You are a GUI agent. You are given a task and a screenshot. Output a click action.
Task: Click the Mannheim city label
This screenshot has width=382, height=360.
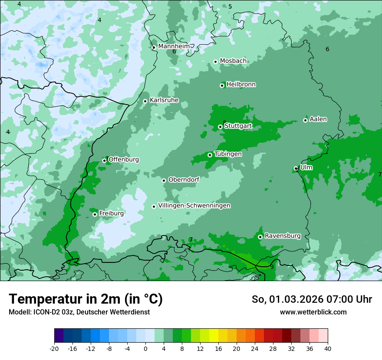coord(174,46)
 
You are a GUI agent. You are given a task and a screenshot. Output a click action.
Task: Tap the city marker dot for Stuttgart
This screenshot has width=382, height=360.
coord(220,127)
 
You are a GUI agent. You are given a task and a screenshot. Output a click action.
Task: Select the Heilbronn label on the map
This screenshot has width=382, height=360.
coord(241,85)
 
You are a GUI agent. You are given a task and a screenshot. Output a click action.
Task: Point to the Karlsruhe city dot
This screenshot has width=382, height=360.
coord(145,101)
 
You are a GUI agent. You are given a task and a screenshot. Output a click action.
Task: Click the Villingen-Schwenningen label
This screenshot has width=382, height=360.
coord(194,206)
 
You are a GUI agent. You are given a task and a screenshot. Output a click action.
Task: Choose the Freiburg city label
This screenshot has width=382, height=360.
coord(111,213)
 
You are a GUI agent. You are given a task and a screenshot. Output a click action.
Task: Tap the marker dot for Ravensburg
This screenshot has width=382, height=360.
coord(260,237)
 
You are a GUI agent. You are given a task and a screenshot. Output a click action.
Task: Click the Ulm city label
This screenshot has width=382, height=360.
coord(306,167)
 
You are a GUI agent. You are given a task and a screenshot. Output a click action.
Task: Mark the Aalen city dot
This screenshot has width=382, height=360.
coord(305,120)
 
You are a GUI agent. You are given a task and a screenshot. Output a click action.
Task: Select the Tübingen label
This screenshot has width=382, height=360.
coord(227,154)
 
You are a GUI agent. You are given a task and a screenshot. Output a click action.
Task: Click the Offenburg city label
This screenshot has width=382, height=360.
coord(123,160)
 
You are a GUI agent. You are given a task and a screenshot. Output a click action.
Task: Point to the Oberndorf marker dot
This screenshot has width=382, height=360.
coord(164,180)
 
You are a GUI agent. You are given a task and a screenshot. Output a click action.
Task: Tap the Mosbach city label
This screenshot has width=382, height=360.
coord(233,61)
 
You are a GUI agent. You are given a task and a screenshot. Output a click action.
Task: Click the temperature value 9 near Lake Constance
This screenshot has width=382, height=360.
coord(272,267)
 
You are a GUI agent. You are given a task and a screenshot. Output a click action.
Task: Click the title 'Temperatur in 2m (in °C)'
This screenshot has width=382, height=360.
coord(86,299)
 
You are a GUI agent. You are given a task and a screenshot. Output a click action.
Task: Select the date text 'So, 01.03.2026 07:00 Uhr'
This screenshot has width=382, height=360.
coord(312,299)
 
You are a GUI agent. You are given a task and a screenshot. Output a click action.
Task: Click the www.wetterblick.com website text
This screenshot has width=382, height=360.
coord(313,312)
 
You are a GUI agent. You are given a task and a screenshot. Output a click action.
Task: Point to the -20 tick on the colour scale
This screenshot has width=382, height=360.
coord(54,348)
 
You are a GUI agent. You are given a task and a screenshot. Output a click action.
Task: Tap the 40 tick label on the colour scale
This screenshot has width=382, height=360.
coord(327,348)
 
